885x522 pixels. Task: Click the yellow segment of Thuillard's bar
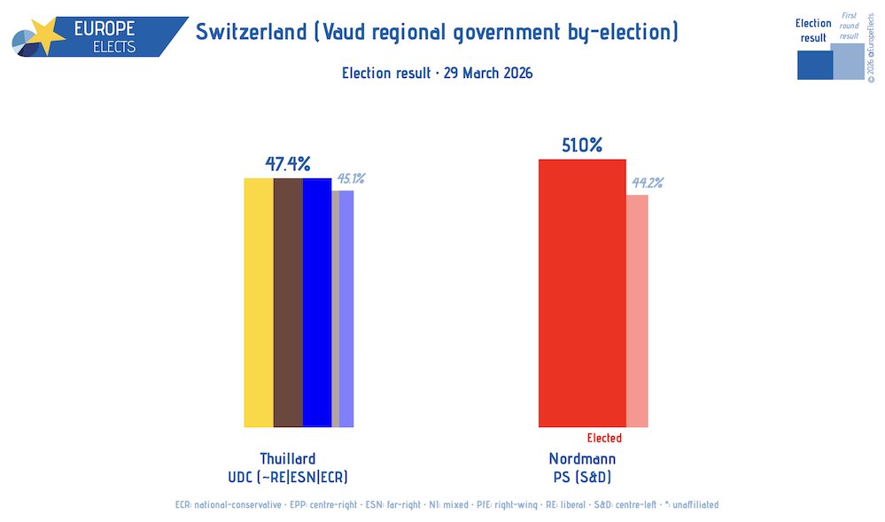point(259,302)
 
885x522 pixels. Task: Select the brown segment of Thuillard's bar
point(288,302)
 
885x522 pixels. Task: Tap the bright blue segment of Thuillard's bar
point(316,302)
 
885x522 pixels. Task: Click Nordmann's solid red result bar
point(582,293)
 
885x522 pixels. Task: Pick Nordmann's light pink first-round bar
point(637,310)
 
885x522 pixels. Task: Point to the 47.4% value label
point(288,164)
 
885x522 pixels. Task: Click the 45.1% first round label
point(351,179)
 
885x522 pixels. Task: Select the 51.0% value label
point(582,145)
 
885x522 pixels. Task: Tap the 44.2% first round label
point(647,183)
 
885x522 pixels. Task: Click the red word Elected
point(604,439)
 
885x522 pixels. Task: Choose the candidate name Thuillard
point(287,458)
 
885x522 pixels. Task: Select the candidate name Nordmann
point(582,458)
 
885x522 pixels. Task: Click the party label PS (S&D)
point(582,477)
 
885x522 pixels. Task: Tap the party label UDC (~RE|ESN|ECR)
point(287,477)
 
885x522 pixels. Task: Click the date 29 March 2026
point(482,73)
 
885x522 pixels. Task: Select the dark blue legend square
point(814,65)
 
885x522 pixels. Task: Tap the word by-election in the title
point(621,33)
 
